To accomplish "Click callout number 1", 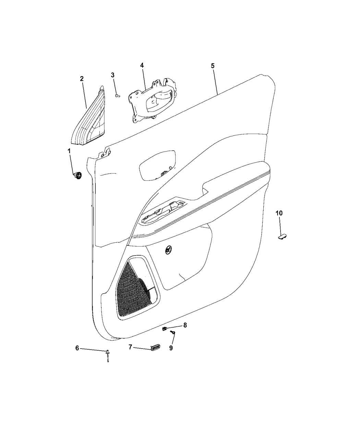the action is pos(69,151).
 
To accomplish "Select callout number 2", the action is pos(82,79).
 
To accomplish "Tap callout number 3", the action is pos(113,75).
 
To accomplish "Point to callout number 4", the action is pos(142,65).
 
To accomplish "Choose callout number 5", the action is pos(213,66).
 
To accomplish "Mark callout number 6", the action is pos(77,348).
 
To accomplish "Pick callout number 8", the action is pos(185,325).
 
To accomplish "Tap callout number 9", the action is pos(171,348).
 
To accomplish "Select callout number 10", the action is pos(279,213).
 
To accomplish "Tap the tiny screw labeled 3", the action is pos(118,95).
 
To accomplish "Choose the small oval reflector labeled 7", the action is pos(154,348).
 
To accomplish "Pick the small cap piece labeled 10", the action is pos(282,236).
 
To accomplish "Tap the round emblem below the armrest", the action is pos(168,250).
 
